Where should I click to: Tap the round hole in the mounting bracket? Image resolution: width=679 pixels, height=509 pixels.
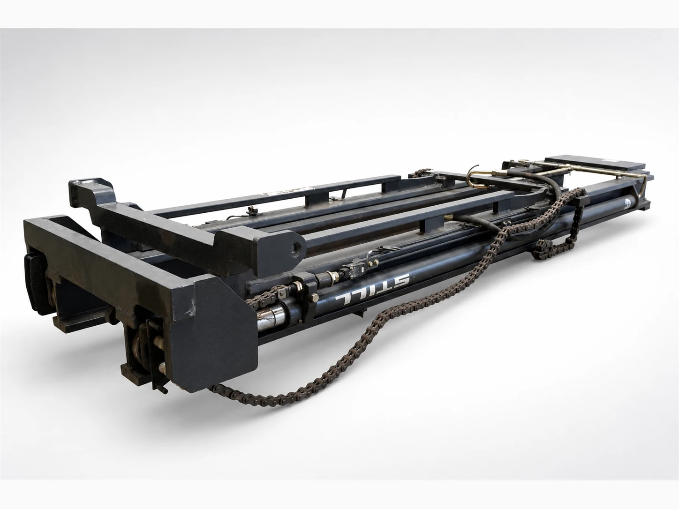coord(297,247)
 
